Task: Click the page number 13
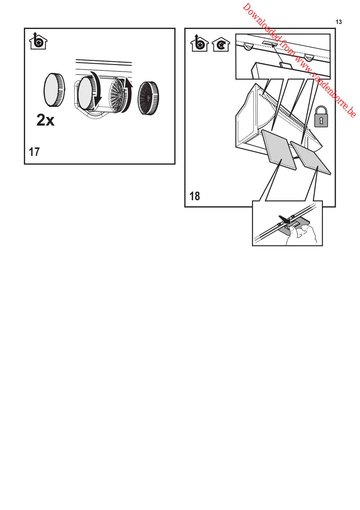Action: pyautogui.click(x=339, y=22)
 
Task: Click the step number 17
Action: pyautogui.click(x=34, y=152)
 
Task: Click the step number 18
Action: pyautogui.click(x=195, y=196)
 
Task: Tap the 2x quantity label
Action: pyautogui.click(x=45, y=120)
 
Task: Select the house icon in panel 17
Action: pyautogui.click(x=38, y=41)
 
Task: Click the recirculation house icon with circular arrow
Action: pyautogui.click(x=220, y=44)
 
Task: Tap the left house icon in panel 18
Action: pyautogui.click(x=199, y=43)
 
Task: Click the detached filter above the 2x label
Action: pyautogui.click(x=54, y=90)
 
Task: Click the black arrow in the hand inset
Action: pyautogui.click(x=284, y=219)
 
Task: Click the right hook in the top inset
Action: pyautogui.click(x=309, y=58)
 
